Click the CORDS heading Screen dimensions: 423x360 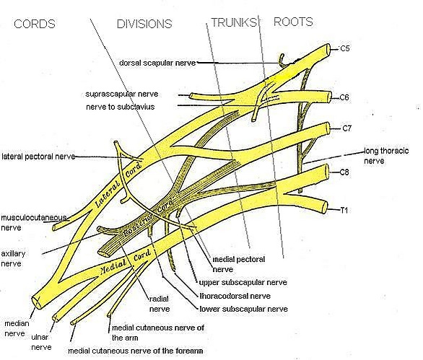pos(35,24)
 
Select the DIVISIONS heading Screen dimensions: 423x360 pos(144,24)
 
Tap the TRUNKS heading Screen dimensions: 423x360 pos(234,22)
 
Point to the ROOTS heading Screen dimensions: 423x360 pos(293,22)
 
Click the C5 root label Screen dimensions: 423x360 pos(344,48)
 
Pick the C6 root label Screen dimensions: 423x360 pos(344,97)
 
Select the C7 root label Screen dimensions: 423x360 pos(347,128)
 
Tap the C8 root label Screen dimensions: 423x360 pos(344,172)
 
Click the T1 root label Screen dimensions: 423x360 pos(344,210)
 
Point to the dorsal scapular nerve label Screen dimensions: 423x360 pos(157,63)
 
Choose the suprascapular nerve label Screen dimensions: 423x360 pos(122,94)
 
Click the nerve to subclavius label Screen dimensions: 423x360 pos(121,107)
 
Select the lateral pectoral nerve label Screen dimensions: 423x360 pos(38,157)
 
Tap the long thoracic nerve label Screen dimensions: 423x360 pos(386,156)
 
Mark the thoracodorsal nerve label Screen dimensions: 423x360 pos(235,296)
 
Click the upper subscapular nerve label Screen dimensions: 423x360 pos(243,283)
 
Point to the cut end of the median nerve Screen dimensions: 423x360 pos(37,302)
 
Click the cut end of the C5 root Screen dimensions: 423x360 pos(327,51)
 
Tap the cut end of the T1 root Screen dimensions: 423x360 pos(325,208)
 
